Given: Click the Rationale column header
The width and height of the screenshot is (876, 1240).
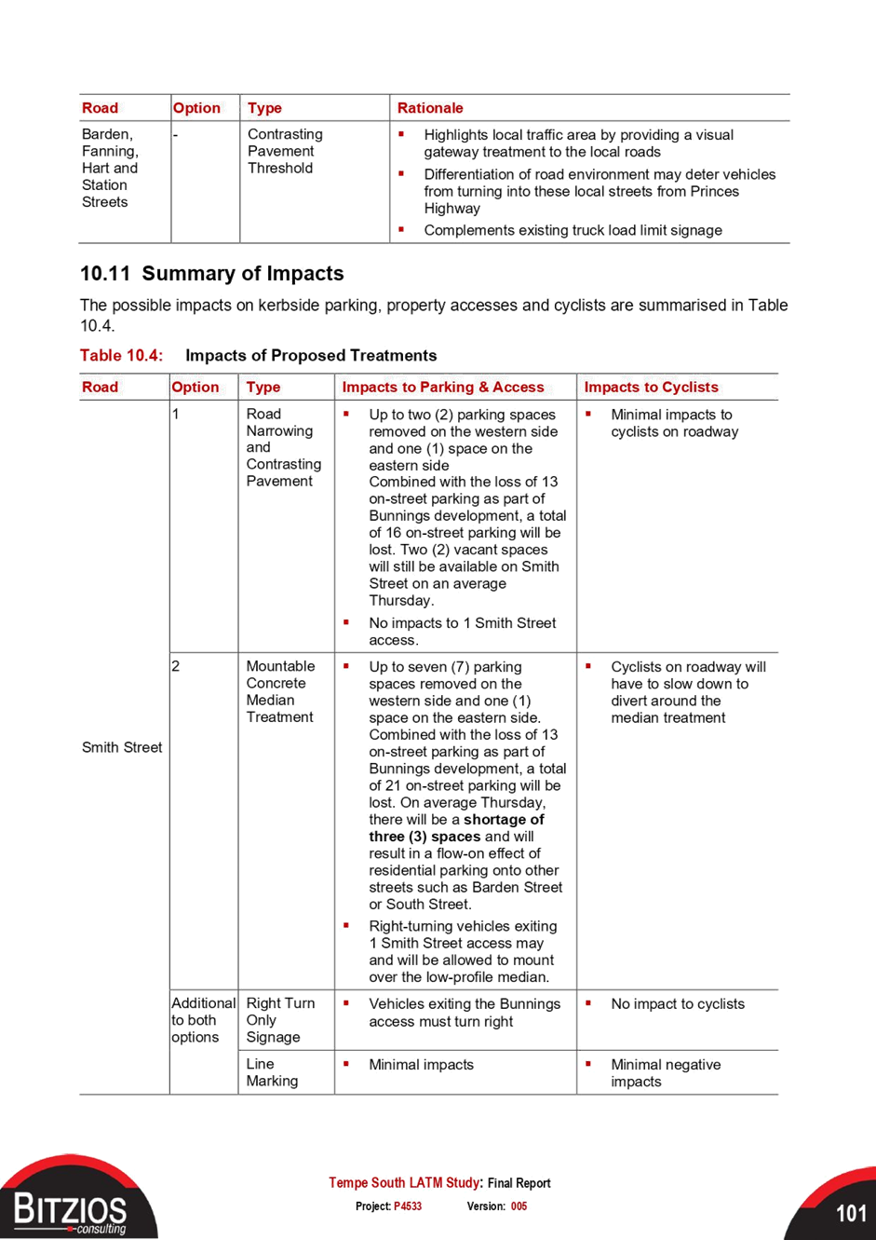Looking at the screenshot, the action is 430,108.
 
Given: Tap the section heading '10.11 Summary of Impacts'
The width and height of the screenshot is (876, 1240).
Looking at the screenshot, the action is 212,274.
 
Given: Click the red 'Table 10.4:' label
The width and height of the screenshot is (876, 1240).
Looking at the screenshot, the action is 122,355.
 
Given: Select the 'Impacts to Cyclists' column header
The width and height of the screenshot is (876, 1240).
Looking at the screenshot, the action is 651,387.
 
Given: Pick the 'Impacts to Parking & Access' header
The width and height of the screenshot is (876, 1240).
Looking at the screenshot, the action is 443,387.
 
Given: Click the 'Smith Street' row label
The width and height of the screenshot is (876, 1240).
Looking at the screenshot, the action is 122,747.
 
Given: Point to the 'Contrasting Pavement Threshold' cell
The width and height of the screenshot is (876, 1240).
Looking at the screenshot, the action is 285,151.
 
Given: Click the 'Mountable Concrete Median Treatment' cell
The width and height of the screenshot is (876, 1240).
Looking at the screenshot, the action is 280,691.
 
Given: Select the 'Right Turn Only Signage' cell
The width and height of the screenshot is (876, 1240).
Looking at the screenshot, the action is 280,1020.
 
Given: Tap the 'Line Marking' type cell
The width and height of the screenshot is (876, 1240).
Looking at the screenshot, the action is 272,1072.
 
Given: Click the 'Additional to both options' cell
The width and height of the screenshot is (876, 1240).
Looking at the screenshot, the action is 203,1020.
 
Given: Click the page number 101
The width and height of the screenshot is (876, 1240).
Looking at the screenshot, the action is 851,1213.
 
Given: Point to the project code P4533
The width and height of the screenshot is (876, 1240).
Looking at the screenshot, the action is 408,1206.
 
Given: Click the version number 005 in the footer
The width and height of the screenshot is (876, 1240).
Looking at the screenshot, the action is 519,1206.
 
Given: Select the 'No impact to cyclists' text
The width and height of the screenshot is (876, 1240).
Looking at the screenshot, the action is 678,1003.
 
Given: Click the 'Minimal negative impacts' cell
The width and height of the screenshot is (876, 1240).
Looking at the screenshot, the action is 666,1073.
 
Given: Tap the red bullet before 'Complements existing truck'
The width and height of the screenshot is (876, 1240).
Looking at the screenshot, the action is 401,228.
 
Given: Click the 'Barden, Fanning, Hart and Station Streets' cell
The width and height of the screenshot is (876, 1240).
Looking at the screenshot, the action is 110,168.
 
